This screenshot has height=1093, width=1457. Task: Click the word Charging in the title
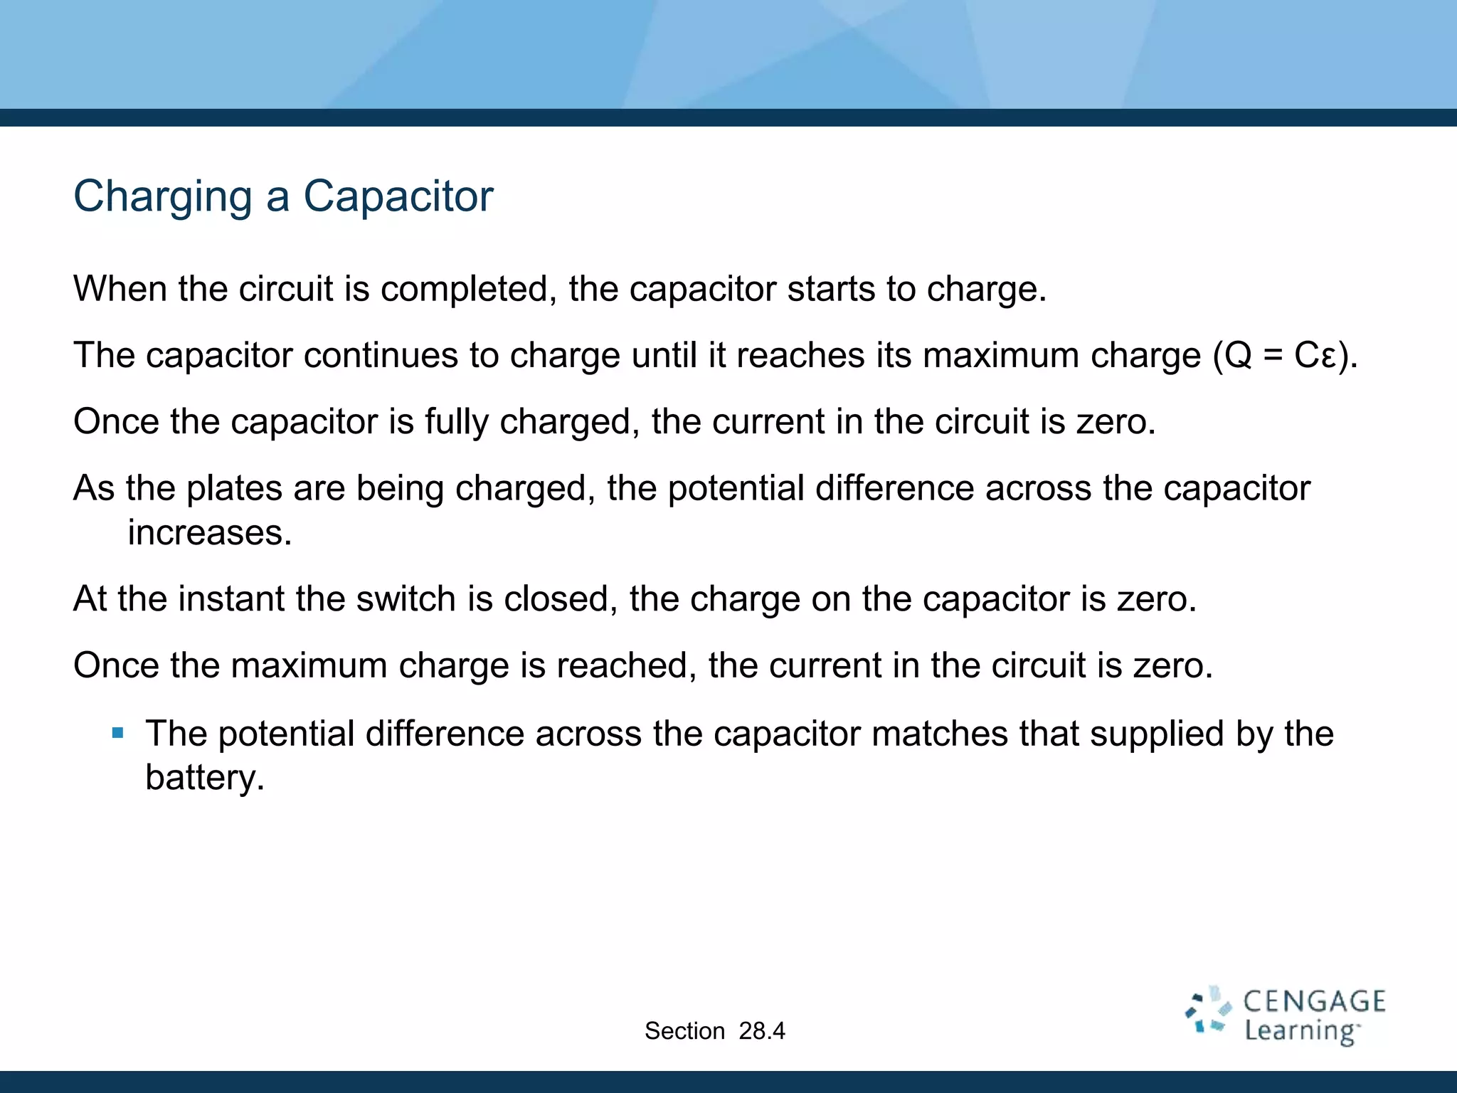coord(163,197)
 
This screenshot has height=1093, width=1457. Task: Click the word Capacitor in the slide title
coord(398,196)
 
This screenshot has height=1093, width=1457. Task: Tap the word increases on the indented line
coord(210,533)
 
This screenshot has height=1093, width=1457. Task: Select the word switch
coord(406,598)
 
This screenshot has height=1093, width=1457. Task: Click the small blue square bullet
coord(118,732)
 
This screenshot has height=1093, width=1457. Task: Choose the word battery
coord(204,778)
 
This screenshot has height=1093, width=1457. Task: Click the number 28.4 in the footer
coord(761,1031)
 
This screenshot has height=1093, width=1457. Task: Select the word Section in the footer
coord(684,1031)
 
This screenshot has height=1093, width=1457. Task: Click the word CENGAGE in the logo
coord(1313,1002)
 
